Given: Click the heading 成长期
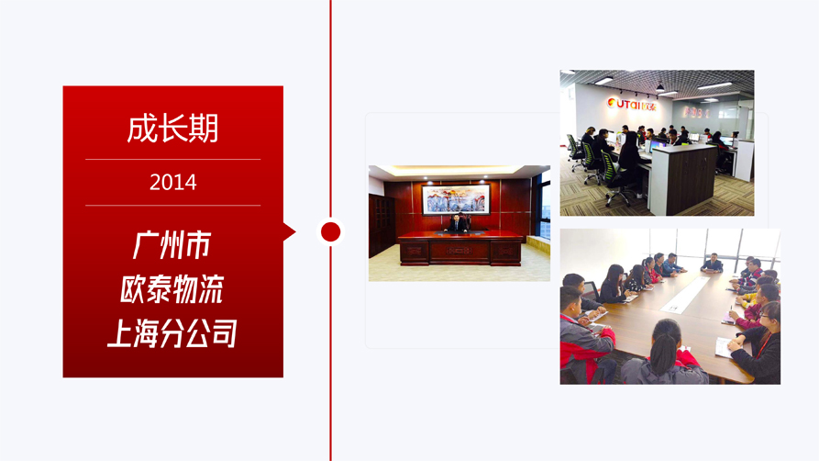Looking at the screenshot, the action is (x=173, y=129).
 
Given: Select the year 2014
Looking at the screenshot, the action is (x=173, y=182).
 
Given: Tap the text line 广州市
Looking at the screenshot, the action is (x=172, y=245).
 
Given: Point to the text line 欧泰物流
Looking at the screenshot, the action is (x=172, y=289).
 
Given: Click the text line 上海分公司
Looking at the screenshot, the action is (x=172, y=332).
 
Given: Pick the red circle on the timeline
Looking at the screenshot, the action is (x=331, y=231).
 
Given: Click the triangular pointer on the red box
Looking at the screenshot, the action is (x=290, y=231).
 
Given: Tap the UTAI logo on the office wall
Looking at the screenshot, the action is (x=632, y=104).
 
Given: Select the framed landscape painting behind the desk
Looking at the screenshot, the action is (x=456, y=199).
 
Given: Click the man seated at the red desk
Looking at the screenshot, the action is (x=457, y=223).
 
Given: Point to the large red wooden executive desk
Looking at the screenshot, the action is (x=459, y=248).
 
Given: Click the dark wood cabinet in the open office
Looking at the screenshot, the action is (x=683, y=179).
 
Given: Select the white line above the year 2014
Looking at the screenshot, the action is (x=173, y=159).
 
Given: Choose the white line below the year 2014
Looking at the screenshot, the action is (x=173, y=206).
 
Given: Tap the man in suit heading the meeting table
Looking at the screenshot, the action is (x=712, y=264).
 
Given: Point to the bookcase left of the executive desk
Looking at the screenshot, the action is (x=381, y=225).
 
